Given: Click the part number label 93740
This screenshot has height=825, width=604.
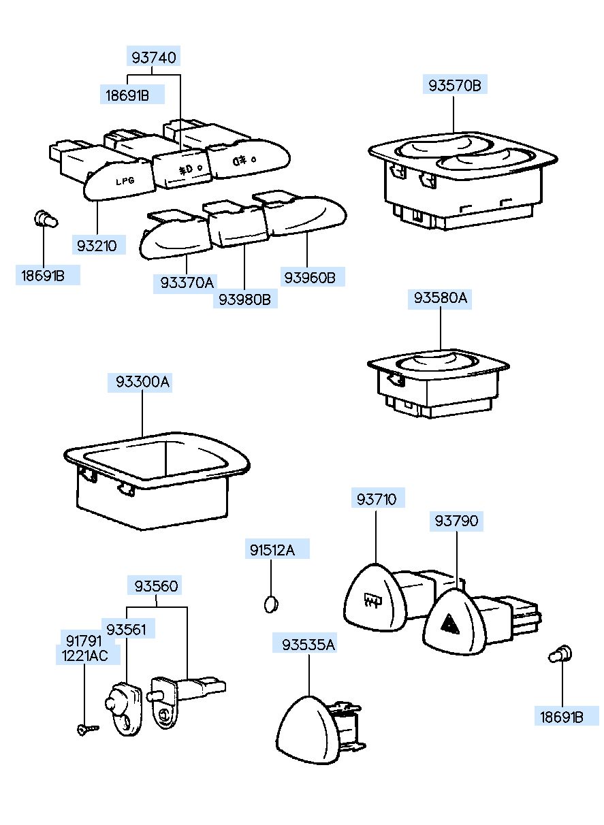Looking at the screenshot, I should tap(154, 58).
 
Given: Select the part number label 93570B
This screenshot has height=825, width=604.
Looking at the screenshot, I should tap(454, 86).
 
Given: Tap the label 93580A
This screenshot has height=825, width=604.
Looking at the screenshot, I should tap(441, 299).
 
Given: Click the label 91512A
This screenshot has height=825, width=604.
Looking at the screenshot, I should tap(271, 550).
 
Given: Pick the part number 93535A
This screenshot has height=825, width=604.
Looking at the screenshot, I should tap(309, 643).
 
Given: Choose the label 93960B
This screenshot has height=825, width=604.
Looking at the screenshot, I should tap(310, 277).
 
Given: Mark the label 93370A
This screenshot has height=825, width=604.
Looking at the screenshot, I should tap(187, 282).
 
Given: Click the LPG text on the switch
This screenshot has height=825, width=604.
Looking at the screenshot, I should tap(124, 182).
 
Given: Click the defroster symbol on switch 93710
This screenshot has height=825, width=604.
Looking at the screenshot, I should tap(372, 600).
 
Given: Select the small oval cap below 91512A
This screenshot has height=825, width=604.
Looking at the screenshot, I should tap(271, 602).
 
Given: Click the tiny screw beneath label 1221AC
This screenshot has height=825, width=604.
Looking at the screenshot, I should tap(86, 729).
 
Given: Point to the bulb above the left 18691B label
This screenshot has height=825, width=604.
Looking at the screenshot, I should tap(45, 220).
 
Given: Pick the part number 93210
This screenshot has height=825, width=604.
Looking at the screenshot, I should tap(97, 245).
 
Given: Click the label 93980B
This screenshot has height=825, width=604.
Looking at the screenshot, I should tap(244, 299).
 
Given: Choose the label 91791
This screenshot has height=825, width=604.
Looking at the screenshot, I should tap(84, 641).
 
